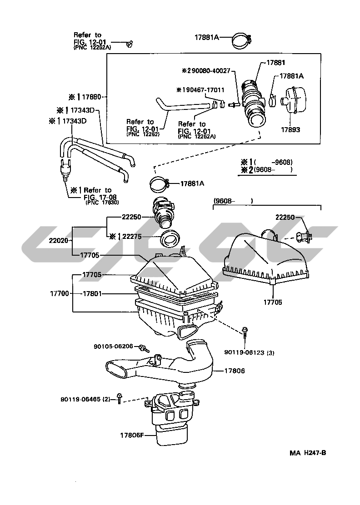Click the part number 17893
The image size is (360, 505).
click(x=290, y=129)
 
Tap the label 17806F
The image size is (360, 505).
click(x=132, y=435)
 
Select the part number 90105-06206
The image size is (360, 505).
click(x=113, y=346)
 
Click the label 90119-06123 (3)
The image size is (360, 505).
click(x=249, y=352)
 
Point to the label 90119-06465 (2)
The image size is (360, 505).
click(x=85, y=399)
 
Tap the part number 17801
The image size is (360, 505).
click(x=92, y=293)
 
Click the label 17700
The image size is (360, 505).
click(x=60, y=293)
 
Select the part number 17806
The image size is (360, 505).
click(x=235, y=371)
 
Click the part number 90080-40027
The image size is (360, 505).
click(x=210, y=71)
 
